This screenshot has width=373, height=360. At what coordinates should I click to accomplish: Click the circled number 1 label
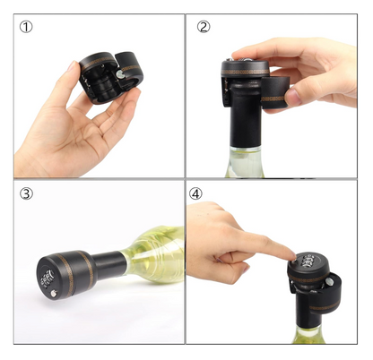pos(27,27)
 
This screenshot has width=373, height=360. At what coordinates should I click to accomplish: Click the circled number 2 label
pos(204,27)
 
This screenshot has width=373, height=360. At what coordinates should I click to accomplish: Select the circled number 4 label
pos(204,194)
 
